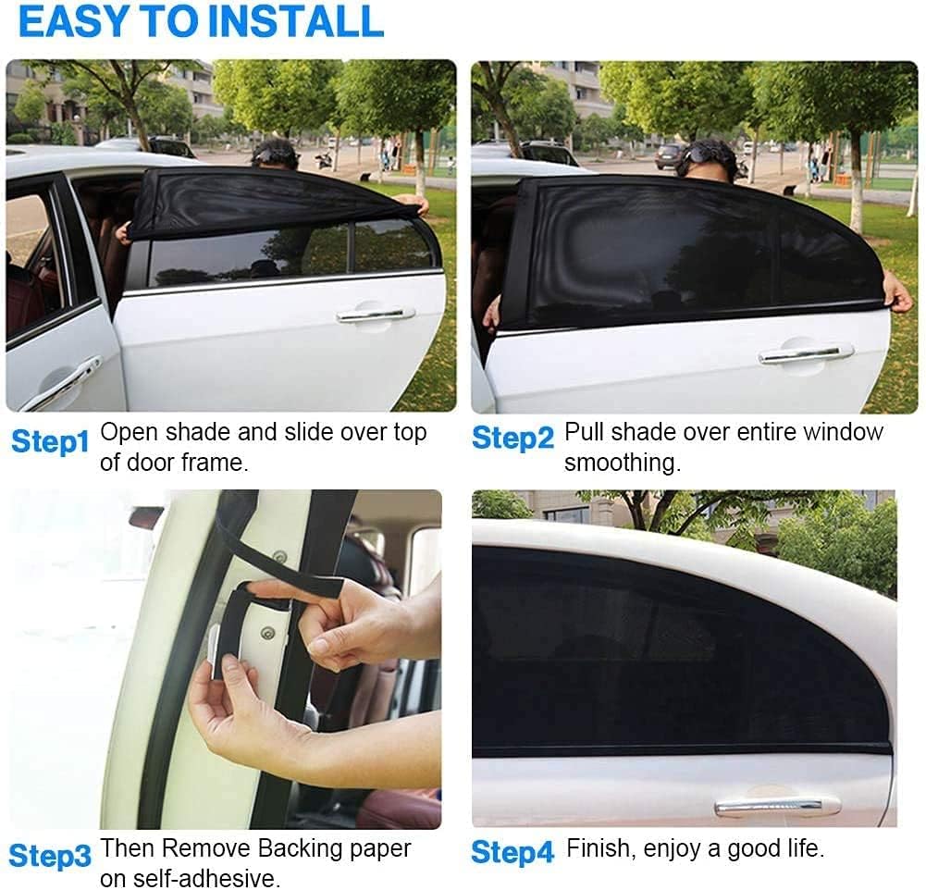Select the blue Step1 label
pyautogui.click(x=49, y=442)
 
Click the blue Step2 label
pyautogui.click(x=512, y=439)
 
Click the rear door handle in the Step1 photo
pyautogui.click(x=376, y=315)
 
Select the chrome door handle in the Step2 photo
pyautogui.click(x=806, y=352)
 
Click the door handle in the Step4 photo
pyautogui.click(x=777, y=806)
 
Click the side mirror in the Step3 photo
pyautogui.click(x=146, y=517)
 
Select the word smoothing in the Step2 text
pyautogui.click(x=623, y=463)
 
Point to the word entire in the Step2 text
pyautogui.click(x=759, y=433)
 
